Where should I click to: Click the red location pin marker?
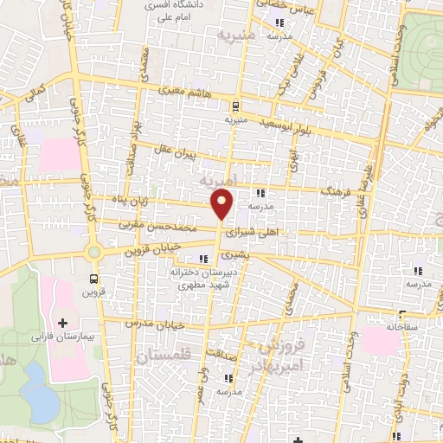222,206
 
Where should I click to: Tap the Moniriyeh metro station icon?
234,106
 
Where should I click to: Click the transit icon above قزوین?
94,279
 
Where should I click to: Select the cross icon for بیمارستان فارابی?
61,322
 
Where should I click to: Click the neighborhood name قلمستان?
165,355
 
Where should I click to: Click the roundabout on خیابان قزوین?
94,253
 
